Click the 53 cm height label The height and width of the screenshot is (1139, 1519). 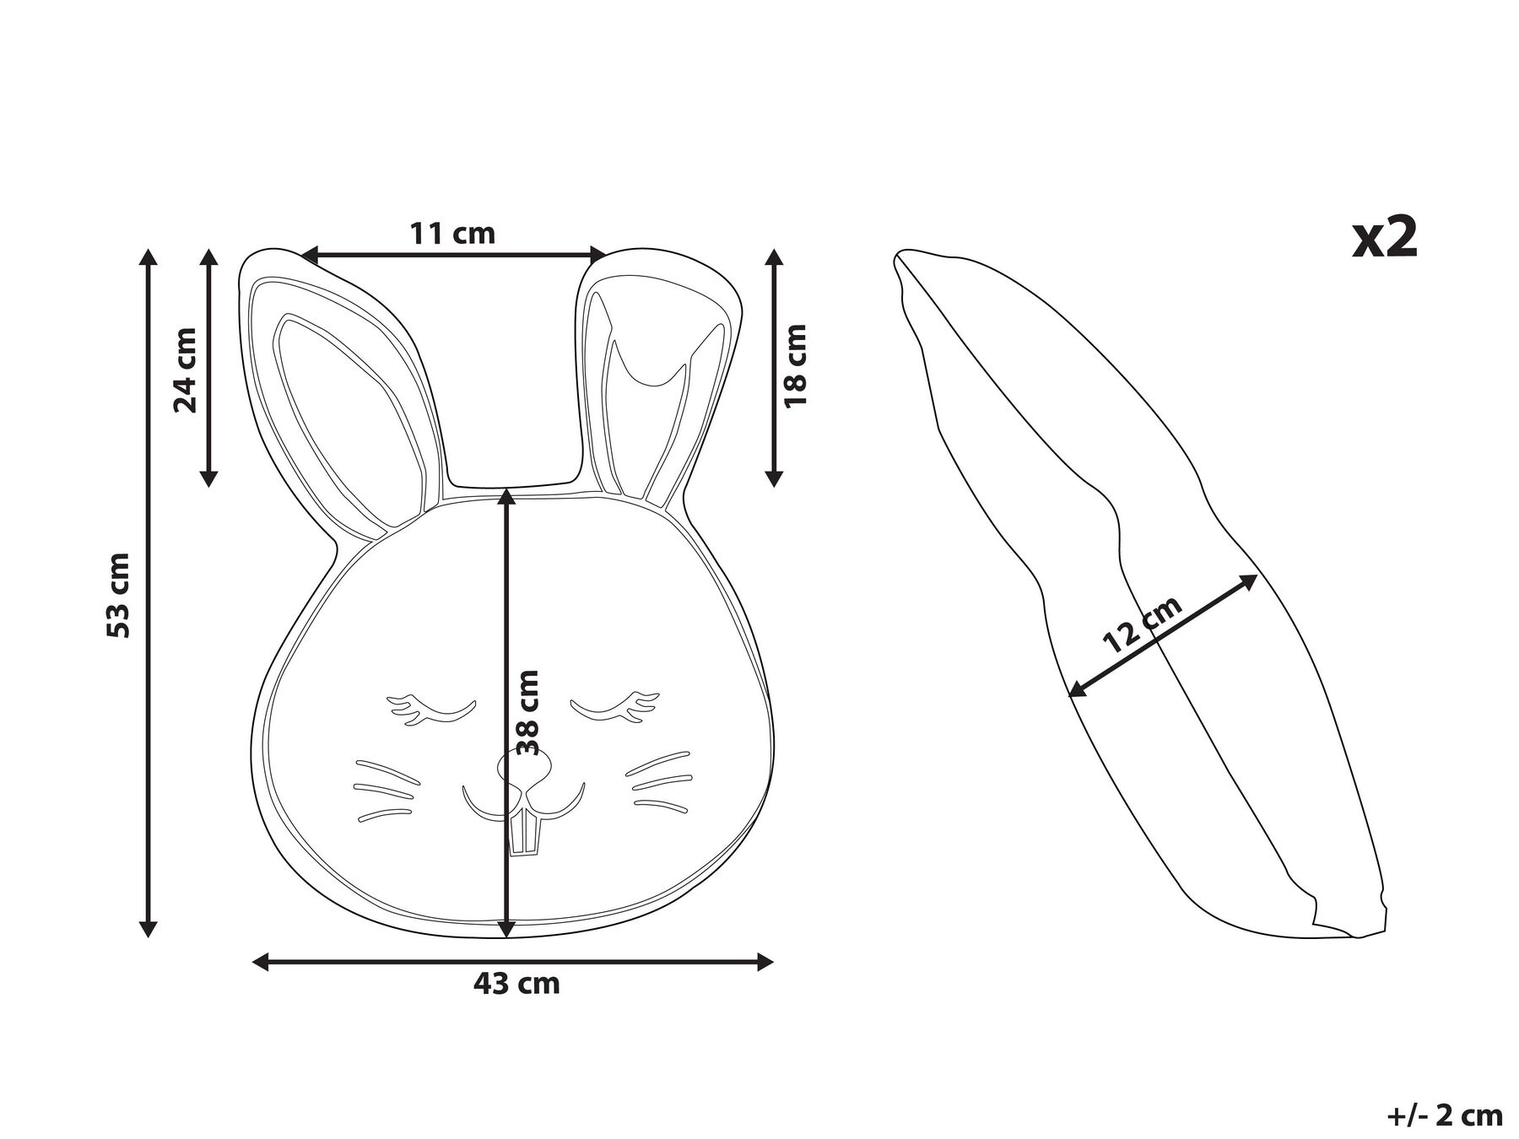pos(120,595)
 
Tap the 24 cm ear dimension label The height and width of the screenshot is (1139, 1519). pos(186,370)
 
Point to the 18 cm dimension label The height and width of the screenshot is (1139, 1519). pos(795,365)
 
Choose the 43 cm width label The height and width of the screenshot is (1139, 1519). pos(516,984)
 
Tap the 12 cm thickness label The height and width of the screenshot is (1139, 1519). pos(1143,624)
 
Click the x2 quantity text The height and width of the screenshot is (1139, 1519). pos(1385,237)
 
